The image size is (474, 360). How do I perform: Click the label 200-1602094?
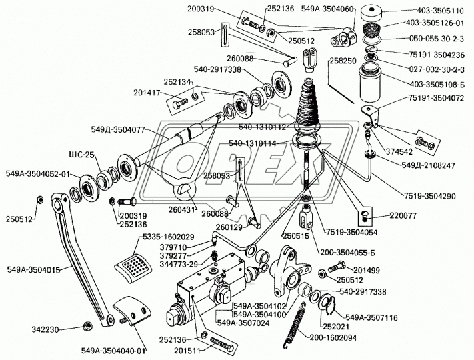click(333, 338)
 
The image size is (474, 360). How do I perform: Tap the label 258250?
click(344, 60)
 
